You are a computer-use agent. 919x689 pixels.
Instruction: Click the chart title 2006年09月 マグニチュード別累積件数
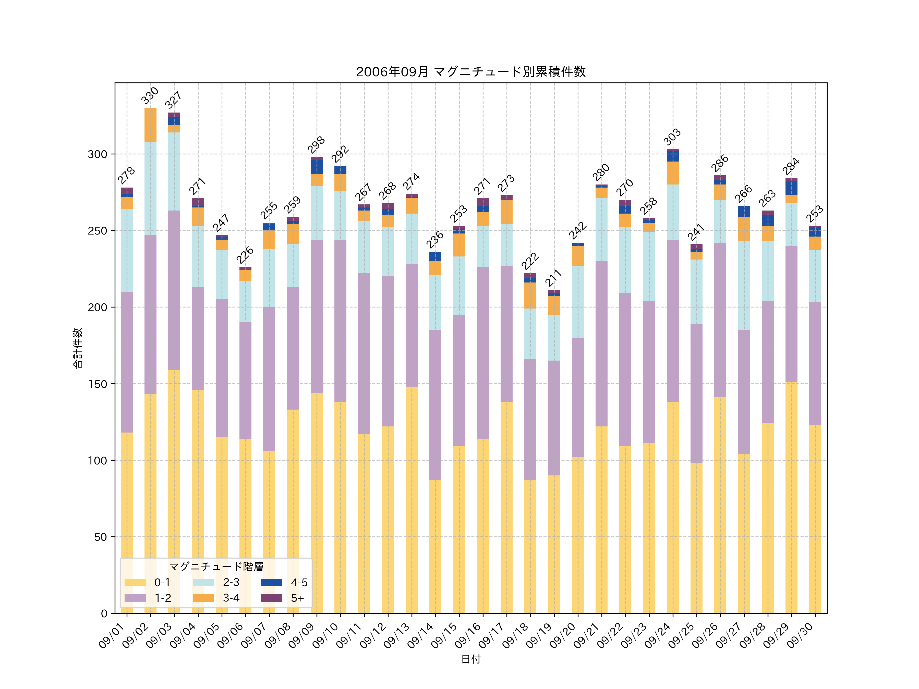471,72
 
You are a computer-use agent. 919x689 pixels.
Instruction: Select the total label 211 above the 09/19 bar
553,278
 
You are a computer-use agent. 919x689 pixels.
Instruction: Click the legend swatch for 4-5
271,582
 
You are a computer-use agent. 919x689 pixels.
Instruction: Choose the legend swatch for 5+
271,598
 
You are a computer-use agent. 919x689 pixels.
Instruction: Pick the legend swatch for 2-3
203,582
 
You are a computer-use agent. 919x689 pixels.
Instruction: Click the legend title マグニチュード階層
216,567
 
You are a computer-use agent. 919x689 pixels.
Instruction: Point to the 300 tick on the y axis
97,154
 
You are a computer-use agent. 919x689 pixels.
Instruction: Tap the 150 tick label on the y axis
97,384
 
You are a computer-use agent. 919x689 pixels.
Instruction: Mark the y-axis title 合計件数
78,348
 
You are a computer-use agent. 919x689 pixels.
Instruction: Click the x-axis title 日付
471,659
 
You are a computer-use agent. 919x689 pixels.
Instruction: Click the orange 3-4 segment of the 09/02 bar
150,125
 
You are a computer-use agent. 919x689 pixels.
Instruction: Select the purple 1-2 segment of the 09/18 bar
530,420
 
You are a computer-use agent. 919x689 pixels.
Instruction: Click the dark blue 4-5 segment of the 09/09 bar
317,167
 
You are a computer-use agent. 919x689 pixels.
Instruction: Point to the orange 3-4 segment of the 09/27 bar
744,229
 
